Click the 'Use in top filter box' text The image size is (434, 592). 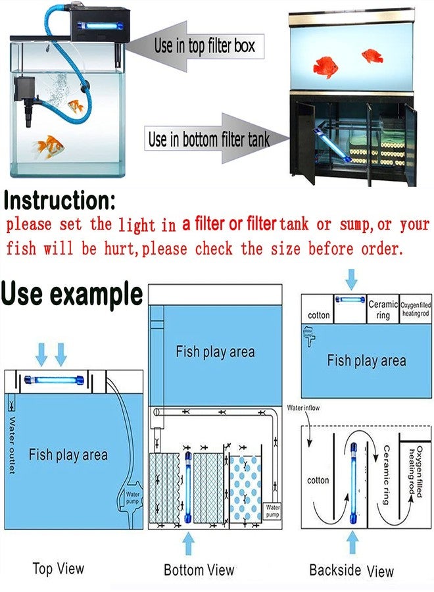204,46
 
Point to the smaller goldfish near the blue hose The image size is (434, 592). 76,105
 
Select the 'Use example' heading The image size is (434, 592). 72,293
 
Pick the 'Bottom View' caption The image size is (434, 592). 199,570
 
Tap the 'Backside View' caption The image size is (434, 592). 351,570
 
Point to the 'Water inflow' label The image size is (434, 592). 304,408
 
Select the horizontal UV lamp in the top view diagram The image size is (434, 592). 53,380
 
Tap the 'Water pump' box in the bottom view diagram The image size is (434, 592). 272,510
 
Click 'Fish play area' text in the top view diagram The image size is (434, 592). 68,455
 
